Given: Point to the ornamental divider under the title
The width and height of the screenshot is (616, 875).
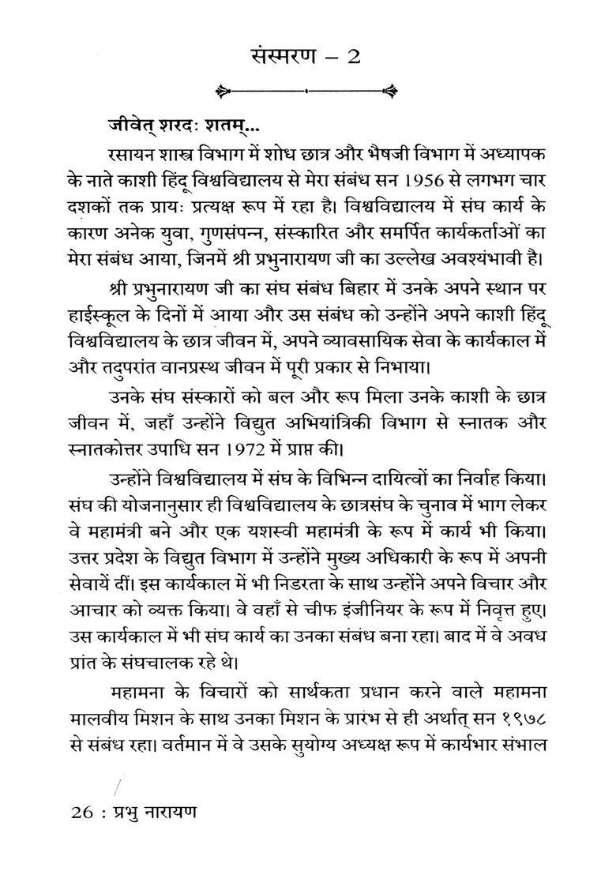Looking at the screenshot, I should (x=309, y=89).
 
